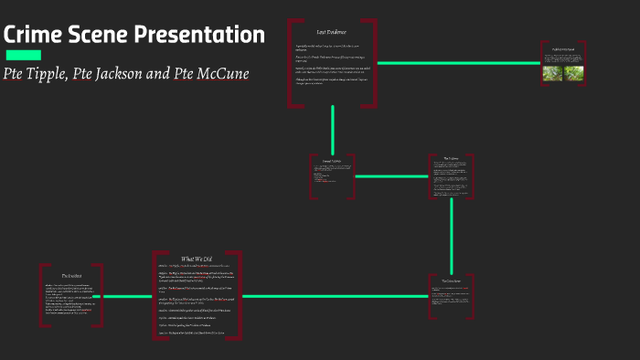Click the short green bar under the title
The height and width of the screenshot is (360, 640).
coord(23,55)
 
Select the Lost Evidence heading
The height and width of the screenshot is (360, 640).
coord(331,32)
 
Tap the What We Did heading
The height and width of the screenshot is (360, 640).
coord(197,259)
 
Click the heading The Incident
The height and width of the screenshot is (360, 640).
coord(72,274)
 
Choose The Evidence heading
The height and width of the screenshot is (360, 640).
coord(452,158)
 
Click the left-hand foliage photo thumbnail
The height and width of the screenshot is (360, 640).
coord(553,72)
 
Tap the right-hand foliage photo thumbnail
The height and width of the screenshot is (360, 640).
coord(573,72)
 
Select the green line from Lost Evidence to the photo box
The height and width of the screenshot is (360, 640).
coord(457,63)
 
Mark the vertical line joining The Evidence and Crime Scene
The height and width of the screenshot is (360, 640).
coord(452,233)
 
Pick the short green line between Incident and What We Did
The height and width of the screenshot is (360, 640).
coord(127,296)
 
